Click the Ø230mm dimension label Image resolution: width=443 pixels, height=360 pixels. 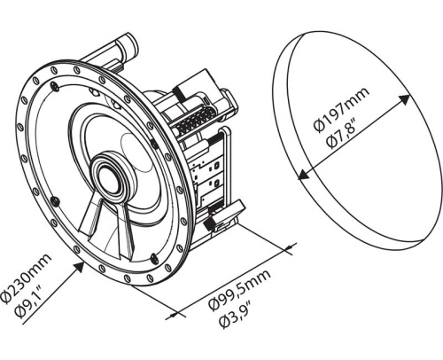tap(26, 278)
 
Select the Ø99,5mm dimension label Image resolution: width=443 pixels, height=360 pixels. tap(239, 290)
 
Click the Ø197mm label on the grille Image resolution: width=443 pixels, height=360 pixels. tap(341, 110)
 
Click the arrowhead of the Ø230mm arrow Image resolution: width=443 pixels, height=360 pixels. tap(79, 267)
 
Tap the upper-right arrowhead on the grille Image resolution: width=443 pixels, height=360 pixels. tap(405, 99)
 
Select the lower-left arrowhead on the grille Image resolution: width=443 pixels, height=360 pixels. tap(304, 175)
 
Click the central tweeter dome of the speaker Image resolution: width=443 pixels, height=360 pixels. tap(109, 177)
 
